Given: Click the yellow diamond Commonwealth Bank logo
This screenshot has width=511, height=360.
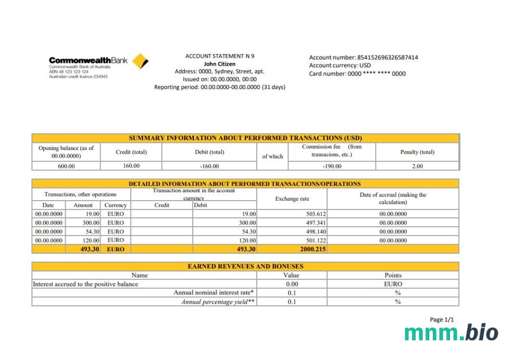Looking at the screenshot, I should pyautogui.click(x=140, y=61).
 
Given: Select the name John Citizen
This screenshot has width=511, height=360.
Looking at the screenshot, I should pyautogui.click(x=219, y=64).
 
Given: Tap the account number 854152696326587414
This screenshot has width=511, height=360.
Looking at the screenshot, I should pyautogui.click(x=387, y=57).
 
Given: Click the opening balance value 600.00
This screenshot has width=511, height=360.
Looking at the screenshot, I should pyautogui.click(x=66, y=166).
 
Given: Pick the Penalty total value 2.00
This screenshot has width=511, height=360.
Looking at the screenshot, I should pyautogui.click(x=417, y=166).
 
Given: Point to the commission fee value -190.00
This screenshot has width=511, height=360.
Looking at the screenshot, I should pyautogui.click(x=332, y=166).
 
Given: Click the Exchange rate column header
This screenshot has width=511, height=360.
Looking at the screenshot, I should pyautogui.click(x=292, y=198).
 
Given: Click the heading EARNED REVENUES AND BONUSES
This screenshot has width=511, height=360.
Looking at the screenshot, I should pyautogui.click(x=245, y=266).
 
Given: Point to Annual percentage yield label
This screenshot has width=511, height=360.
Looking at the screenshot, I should pyautogui.click(x=218, y=302).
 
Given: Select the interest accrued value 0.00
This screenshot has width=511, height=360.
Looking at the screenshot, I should pyautogui.click(x=292, y=284).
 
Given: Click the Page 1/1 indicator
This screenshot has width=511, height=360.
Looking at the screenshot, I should pyautogui.click(x=442, y=319).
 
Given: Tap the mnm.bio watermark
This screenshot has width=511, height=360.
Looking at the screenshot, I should pyautogui.click(x=451, y=333).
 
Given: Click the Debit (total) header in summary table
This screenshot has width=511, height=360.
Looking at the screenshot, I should pyautogui.click(x=209, y=152).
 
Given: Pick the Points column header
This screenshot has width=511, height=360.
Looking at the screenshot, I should pyautogui.click(x=393, y=275).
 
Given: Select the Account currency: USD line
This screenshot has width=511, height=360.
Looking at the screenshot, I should pyautogui.click(x=340, y=65).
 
